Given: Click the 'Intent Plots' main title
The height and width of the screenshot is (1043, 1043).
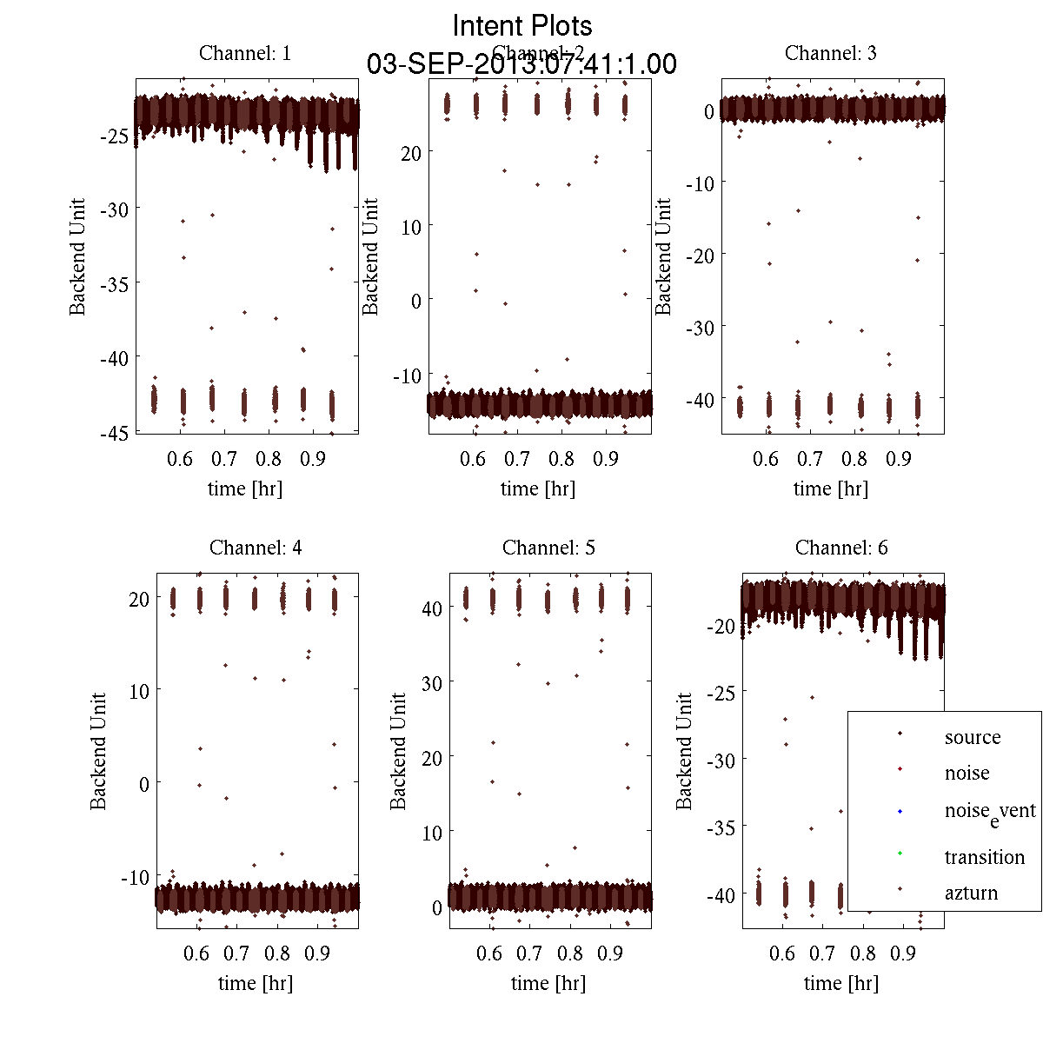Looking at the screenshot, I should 522,26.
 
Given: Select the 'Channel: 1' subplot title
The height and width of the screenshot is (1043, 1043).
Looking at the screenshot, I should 245,53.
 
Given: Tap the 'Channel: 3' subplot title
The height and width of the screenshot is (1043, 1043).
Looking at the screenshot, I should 830,53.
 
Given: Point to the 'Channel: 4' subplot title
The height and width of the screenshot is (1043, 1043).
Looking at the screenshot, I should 256,548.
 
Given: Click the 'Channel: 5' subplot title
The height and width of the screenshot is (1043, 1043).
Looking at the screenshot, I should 548,548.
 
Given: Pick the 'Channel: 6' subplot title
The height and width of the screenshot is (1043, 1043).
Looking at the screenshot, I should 841,548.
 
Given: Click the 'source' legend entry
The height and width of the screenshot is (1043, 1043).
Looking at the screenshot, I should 973,738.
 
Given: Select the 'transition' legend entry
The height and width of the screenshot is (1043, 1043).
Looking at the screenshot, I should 985,858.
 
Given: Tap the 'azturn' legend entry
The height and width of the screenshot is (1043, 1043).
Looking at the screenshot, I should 971,894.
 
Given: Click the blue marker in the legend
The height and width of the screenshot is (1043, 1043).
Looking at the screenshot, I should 900,811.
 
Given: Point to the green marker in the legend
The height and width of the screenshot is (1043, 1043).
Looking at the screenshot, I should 900,853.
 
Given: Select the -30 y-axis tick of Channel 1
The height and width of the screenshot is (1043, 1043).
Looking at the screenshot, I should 116,209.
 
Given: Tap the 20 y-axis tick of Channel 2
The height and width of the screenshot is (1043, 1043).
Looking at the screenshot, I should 411,153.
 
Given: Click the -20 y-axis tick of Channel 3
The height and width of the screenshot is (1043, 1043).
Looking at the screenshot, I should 701,256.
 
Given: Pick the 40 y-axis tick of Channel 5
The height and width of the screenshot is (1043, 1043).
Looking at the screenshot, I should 432,608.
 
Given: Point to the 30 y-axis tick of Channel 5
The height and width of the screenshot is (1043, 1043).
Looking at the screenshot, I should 432,683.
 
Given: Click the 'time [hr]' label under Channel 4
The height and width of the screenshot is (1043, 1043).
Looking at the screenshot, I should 256,983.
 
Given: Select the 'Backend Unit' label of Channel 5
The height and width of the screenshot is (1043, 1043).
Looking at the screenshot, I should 398,751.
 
